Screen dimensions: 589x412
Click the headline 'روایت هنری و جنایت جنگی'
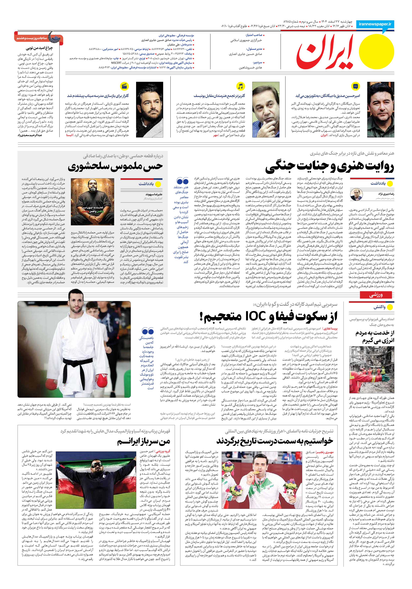coord(329,167)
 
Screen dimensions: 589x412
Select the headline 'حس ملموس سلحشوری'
coord(115,166)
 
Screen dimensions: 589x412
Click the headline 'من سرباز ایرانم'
coord(144,442)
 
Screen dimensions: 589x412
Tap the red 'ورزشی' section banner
coord(376,295)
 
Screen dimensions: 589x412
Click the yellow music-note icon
coord(240,86)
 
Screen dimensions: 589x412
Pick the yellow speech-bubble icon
coord(355,86)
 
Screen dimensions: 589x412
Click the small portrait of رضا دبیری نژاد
coord(356,195)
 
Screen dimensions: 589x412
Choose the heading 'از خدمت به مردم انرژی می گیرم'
coord(375,337)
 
